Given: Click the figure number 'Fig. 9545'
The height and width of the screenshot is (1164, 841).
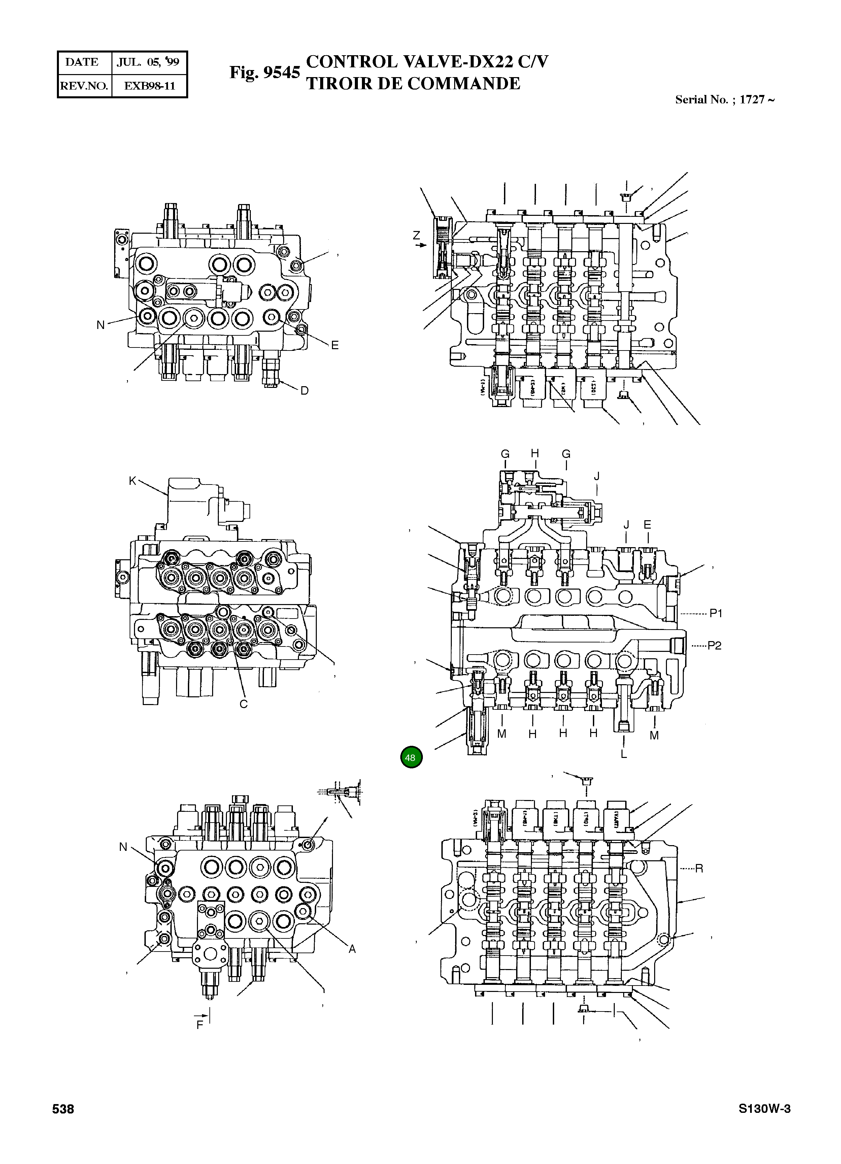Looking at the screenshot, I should point(264,72).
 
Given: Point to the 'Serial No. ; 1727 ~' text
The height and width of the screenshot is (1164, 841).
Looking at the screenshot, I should point(724,100).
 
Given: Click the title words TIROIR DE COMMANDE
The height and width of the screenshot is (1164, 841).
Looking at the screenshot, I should point(413,84).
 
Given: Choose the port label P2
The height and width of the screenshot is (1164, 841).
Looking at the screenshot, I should point(714,646).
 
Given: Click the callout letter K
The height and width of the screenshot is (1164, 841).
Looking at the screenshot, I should point(132,481).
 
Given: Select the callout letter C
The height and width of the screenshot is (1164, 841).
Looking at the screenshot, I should point(244,704).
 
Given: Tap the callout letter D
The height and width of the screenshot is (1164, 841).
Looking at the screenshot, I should point(304,391).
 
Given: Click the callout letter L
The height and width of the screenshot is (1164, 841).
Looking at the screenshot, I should point(624,754).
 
